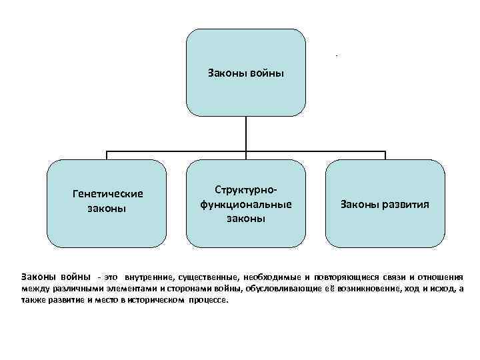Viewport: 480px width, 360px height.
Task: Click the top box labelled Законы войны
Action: coord(245,72)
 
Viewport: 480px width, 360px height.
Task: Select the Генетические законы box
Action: coord(107,203)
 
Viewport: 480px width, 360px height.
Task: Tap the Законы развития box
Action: coord(385,203)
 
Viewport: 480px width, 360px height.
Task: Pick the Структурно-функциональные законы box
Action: coord(245,203)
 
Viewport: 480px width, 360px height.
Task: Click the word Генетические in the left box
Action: coord(107,194)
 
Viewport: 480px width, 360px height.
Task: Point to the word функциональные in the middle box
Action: coord(245,203)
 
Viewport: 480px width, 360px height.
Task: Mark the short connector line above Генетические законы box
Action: coord(107,155)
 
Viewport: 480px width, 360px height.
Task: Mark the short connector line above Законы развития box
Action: coord(385,155)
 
